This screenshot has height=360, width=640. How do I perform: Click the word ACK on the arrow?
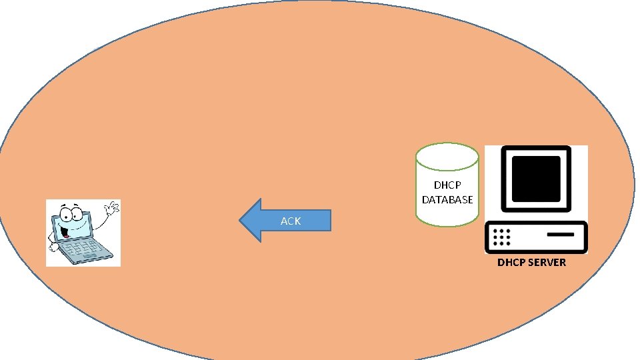coord(291,221)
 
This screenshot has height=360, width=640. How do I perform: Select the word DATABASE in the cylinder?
coord(447,199)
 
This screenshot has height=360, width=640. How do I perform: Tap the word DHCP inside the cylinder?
coord(447,185)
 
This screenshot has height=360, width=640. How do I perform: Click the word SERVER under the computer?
coord(545,262)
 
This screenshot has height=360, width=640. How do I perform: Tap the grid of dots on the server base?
coord(501,236)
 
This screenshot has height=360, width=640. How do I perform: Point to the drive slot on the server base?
coord(560,235)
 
